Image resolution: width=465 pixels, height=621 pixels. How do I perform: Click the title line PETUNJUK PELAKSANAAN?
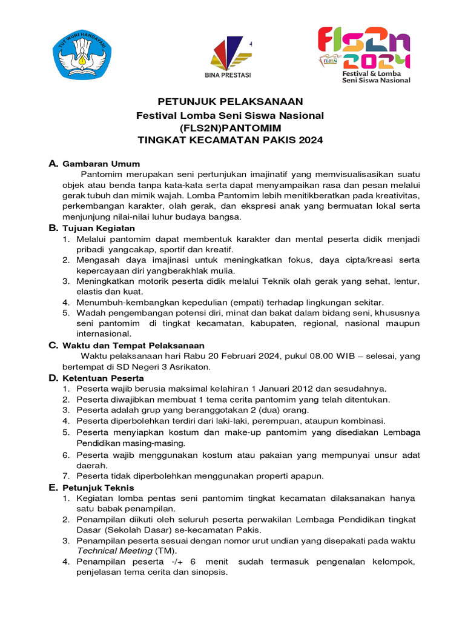(230, 101)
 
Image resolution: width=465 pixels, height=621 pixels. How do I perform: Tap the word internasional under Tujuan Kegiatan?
(104, 334)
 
